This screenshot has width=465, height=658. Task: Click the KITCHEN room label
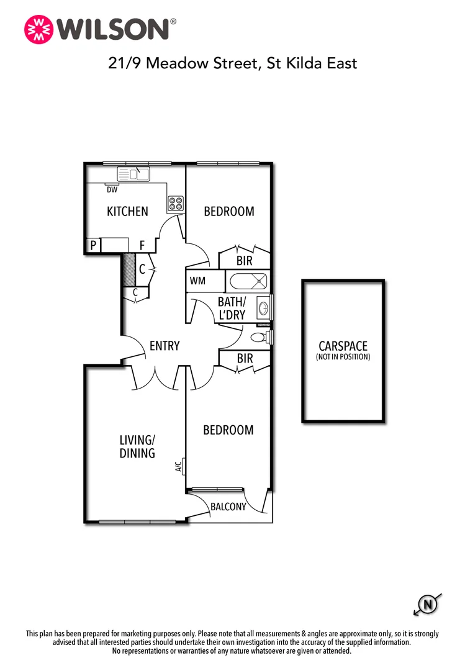pos(127,212)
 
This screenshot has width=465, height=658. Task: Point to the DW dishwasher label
pos(112,190)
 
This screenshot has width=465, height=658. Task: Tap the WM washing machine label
pos(197,281)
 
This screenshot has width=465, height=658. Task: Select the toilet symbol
pos(259,338)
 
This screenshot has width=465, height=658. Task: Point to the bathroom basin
pos(263,307)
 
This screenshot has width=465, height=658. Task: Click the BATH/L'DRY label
pos(232,308)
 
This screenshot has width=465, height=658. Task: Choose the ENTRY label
pos(165,346)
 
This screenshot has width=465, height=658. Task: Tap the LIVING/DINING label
pos(137,446)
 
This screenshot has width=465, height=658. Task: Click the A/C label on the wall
pos(179,465)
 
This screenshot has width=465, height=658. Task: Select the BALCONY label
pos(228,507)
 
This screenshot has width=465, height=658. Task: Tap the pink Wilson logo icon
pos(38,29)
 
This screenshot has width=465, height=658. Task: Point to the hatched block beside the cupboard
pos(128,268)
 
